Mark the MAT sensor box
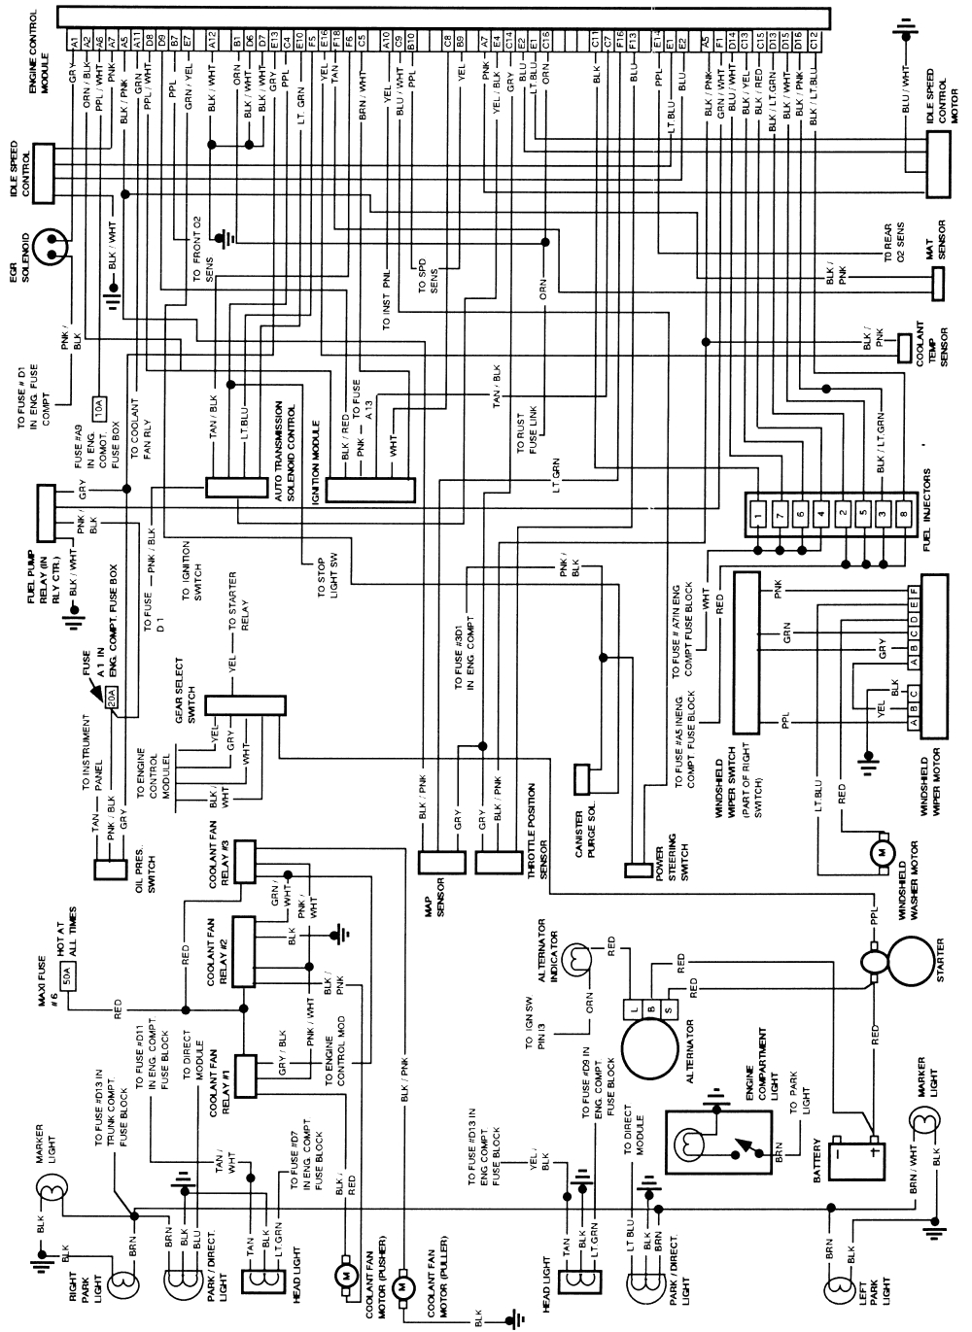point(937,282)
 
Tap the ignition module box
point(369,490)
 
